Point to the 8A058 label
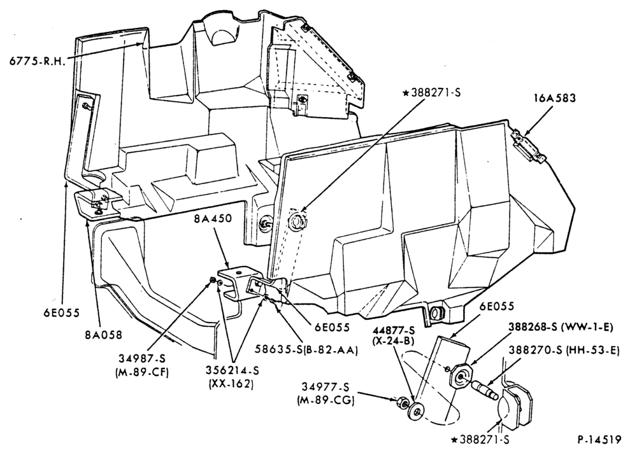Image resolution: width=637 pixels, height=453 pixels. coord(103,335)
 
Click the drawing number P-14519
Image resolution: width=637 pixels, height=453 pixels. coord(599,439)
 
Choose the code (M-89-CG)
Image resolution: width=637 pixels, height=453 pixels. coord(326,401)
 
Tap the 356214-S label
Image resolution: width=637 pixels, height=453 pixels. coord(232,370)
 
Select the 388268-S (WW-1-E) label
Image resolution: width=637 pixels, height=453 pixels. coord(561,327)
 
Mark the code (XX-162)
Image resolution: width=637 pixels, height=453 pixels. coord(231,384)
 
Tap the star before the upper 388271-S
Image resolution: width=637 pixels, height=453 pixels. coord(405,94)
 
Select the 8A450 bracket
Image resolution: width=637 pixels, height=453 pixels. coord(236,283)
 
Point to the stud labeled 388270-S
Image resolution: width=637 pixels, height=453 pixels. coord(485,389)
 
